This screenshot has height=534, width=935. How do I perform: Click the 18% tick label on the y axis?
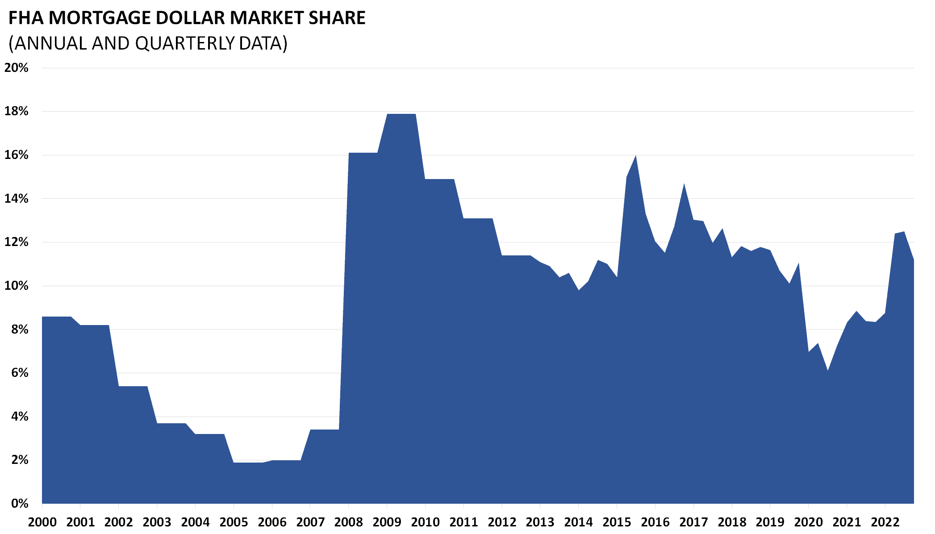click(x=17, y=111)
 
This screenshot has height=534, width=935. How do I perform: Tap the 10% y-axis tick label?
click(x=17, y=286)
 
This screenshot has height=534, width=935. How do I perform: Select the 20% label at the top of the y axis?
click(x=17, y=68)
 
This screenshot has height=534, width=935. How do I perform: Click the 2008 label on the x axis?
click(x=349, y=522)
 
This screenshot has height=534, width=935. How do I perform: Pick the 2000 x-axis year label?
click(x=42, y=522)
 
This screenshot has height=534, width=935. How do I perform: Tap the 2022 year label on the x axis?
click(x=885, y=522)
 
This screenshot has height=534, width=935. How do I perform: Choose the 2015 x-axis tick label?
click(x=617, y=522)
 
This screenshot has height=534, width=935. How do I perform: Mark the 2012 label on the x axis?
click(x=502, y=522)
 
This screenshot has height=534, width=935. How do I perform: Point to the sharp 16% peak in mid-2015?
click(x=636, y=156)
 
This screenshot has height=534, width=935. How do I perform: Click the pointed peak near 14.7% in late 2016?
click(x=684, y=184)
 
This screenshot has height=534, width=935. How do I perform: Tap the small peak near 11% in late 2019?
click(x=798, y=264)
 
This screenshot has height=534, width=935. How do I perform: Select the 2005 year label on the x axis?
click(x=234, y=522)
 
